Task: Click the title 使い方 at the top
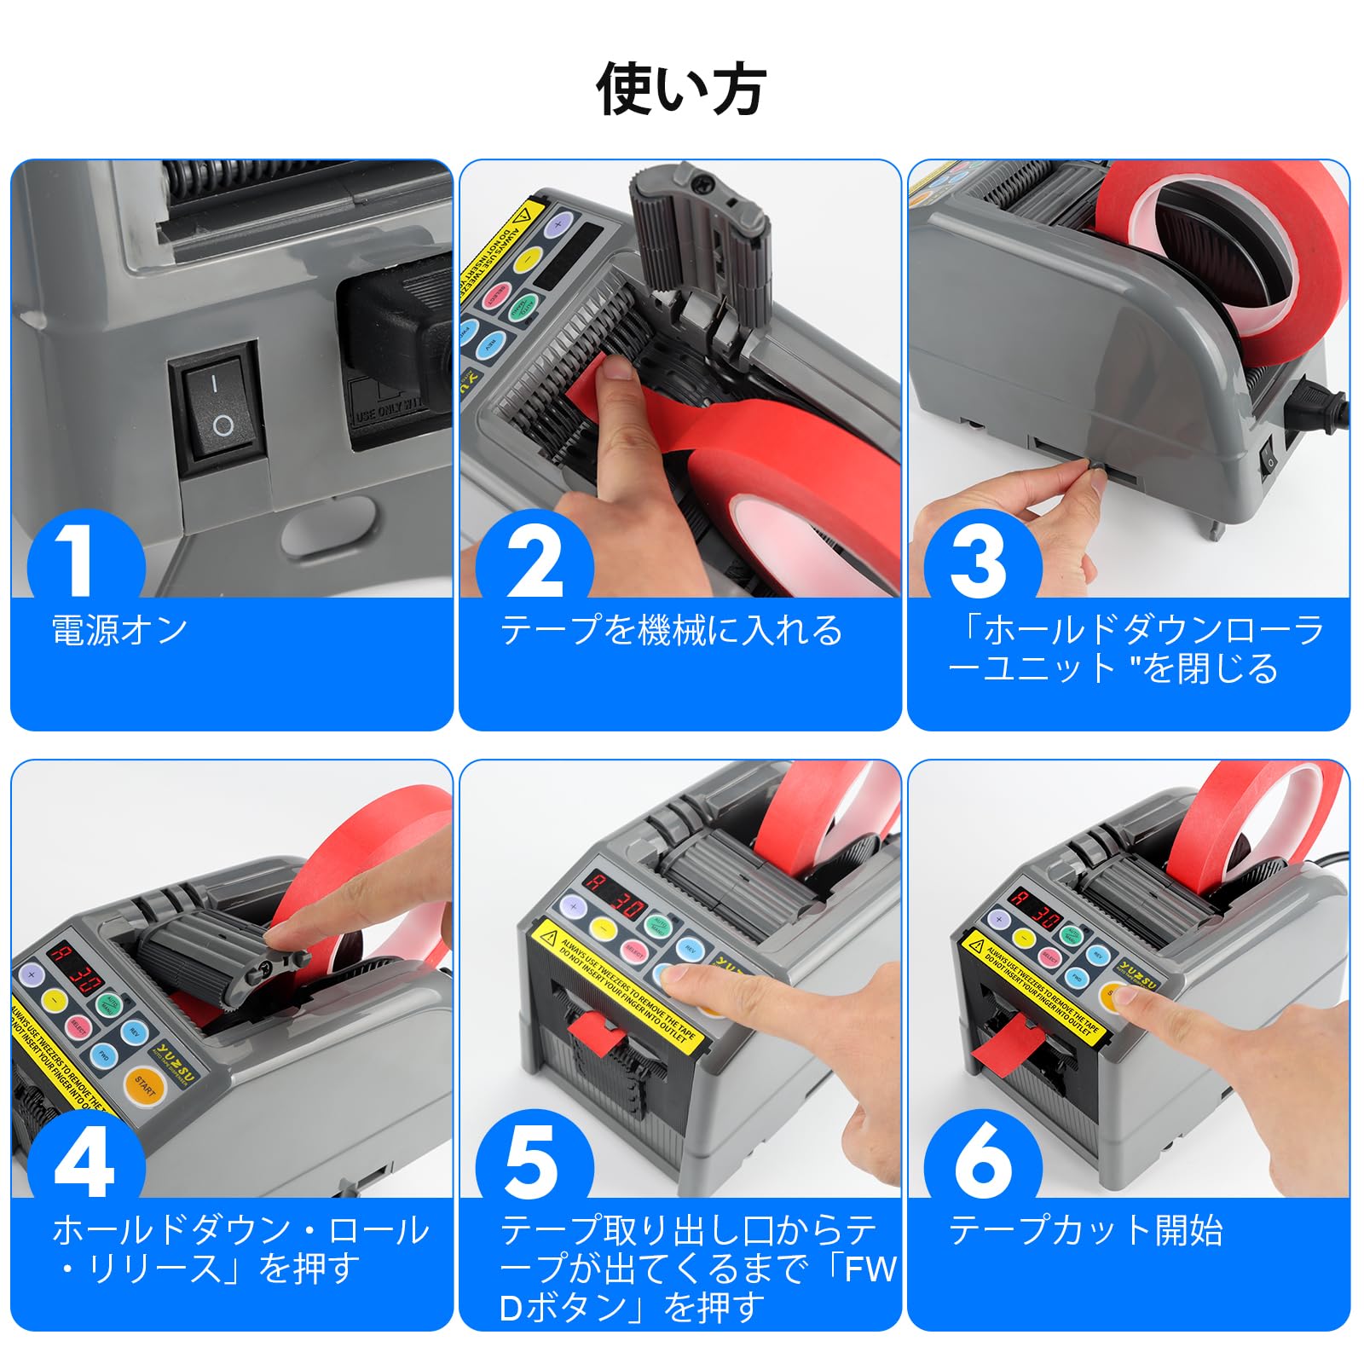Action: click(x=680, y=90)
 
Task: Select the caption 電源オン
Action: click(x=120, y=631)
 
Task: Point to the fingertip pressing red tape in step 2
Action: click(x=612, y=368)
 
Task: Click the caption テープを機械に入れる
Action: click(x=671, y=631)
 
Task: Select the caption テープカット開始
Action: click(x=1085, y=1231)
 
